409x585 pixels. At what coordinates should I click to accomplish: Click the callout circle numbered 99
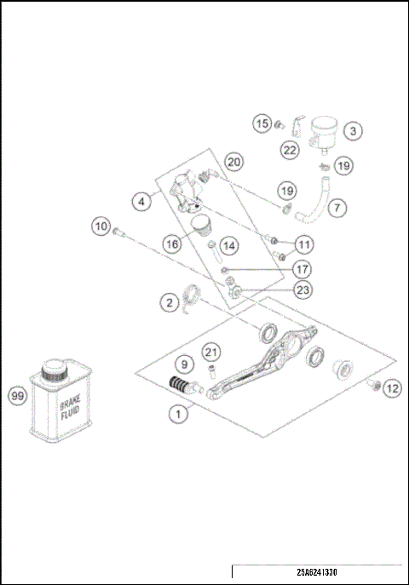tap(16, 395)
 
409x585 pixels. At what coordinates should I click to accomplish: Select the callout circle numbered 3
tap(354, 131)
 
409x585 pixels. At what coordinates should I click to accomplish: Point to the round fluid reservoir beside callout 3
tap(321, 129)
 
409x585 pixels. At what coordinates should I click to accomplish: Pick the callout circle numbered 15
tap(263, 124)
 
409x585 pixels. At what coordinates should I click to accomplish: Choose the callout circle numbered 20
tap(234, 162)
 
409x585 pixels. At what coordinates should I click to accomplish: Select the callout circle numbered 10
tap(102, 227)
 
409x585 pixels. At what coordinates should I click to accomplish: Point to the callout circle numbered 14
tap(229, 245)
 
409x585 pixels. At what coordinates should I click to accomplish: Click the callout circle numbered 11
tap(304, 244)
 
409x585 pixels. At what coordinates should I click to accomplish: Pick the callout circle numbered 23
tap(303, 290)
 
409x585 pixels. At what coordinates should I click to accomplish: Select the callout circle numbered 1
tap(178, 415)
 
